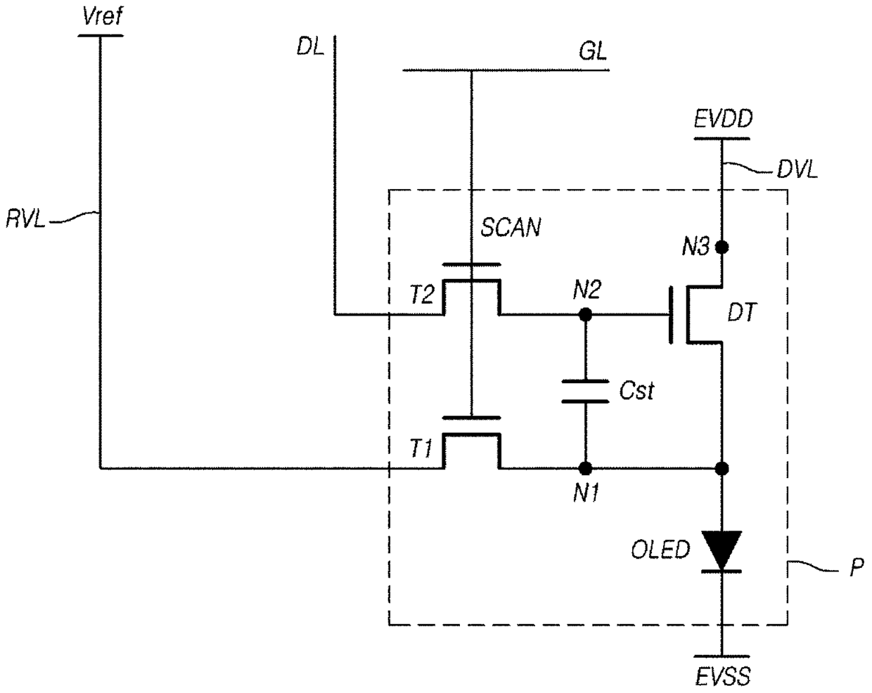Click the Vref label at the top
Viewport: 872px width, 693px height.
[102, 17]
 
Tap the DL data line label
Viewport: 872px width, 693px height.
[310, 47]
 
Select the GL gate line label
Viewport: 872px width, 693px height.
[593, 51]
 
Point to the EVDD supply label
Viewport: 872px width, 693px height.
[724, 119]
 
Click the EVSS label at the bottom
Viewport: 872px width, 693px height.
[723, 676]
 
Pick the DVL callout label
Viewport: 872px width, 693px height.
[797, 171]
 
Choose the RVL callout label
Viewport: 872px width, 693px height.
[25, 220]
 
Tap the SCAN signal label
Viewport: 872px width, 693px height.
[511, 227]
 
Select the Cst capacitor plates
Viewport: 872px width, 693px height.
[585, 391]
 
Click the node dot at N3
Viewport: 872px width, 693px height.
[722, 247]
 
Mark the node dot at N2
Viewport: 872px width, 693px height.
[585, 314]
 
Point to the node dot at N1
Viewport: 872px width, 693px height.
[585, 469]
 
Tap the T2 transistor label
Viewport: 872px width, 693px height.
[422, 294]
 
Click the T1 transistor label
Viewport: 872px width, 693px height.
[421, 449]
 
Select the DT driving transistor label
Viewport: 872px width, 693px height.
[743, 313]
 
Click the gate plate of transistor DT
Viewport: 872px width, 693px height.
[671, 315]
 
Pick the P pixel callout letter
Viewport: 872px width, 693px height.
[857, 567]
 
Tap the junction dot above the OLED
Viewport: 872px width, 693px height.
[722, 469]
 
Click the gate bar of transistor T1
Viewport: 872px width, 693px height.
[471, 417]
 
